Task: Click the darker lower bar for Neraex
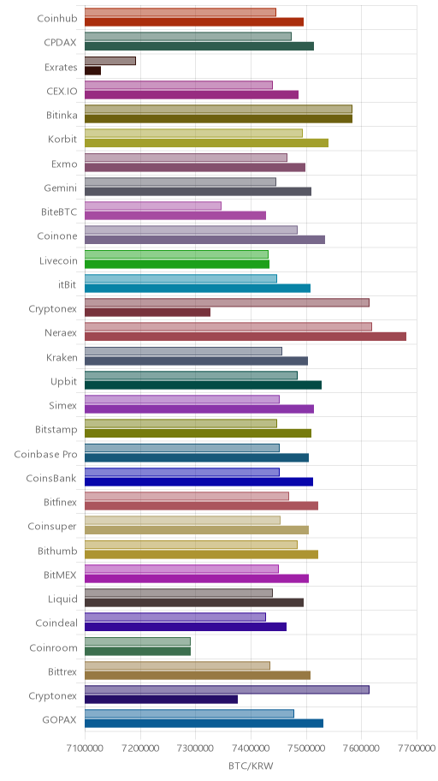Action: pyautogui.click(x=246, y=337)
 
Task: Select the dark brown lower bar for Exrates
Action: pyautogui.click(x=93, y=71)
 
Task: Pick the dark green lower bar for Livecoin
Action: pyautogui.click(x=177, y=264)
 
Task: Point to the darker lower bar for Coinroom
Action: pyautogui.click(x=138, y=651)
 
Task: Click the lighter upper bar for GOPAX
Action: pyautogui.click(x=190, y=713)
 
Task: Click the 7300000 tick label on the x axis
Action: pyautogui.click(x=196, y=748)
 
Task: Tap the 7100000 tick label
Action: pyautogui.click(x=85, y=748)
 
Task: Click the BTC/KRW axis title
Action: pyautogui.click(x=251, y=766)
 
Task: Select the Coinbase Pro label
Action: pyautogui.click(x=46, y=454)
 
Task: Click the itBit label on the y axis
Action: pyautogui.click(x=68, y=285)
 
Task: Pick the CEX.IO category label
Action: pyautogui.click(x=62, y=91)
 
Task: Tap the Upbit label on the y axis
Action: pyautogui.click(x=64, y=382)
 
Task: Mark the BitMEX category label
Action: pyautogui.click(x=60, y=575)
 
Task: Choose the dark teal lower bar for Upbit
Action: pyautogui.click(x=203, y=385)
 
